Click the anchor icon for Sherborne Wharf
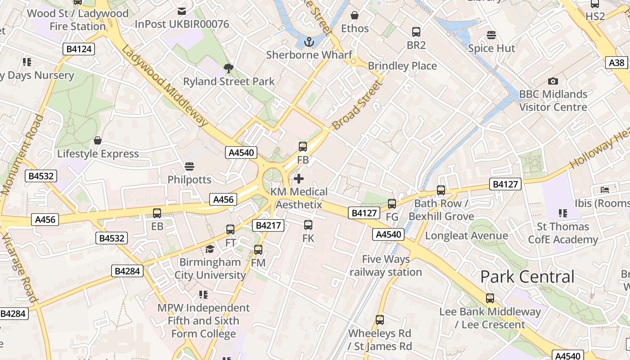pos(309,42)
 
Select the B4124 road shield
pos(79,49)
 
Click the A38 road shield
pos(617,63)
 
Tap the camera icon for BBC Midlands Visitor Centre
pos(553,81)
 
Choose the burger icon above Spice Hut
pos(491,35)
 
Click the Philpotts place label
pos(189,180)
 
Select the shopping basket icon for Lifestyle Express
pos(98,140)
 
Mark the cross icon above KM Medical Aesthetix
pos(299,179)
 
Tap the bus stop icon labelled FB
pos(303,147)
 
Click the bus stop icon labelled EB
pos(157,213)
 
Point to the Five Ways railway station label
pos(386,265)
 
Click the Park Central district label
pos(527,277)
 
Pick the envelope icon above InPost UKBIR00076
pos(182,11)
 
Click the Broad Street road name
pos(356,106)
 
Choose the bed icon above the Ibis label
pos(605,190)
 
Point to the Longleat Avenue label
pos(466,236)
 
